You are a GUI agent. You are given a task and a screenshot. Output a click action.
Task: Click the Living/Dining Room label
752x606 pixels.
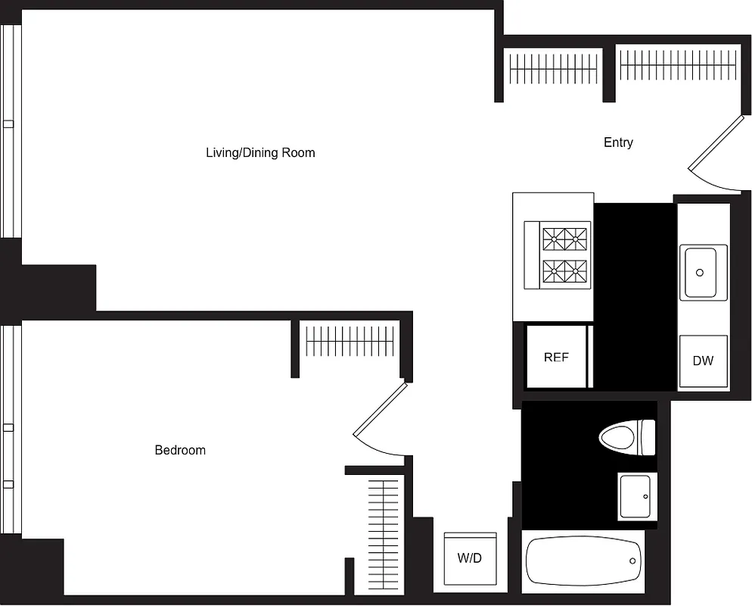[x=260, y=153]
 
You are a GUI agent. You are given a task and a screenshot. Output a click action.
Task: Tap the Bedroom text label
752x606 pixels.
[x=180, y=450]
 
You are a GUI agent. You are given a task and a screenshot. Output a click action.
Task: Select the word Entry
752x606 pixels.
[x=618, y=142]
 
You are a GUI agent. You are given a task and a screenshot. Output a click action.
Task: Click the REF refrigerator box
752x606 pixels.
[x=556, y=358]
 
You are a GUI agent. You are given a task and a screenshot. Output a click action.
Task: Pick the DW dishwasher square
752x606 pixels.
[x=703, y=361]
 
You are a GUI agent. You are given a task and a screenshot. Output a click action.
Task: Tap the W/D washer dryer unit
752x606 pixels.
[x=470, y=558]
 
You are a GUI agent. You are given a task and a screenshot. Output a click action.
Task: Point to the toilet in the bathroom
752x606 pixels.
[x=626, y=437]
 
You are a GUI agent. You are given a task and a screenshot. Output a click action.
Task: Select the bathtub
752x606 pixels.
[x=583, y=561]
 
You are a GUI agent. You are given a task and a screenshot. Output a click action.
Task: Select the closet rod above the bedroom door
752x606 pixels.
[x=350, y=341]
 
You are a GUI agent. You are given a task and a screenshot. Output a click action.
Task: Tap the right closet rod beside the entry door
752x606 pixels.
[x=678, y=65]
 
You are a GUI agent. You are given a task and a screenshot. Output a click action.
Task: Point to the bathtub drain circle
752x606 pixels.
[x=634, y=561]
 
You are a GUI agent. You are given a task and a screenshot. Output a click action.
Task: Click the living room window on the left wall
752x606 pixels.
[x=10, y=133]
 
